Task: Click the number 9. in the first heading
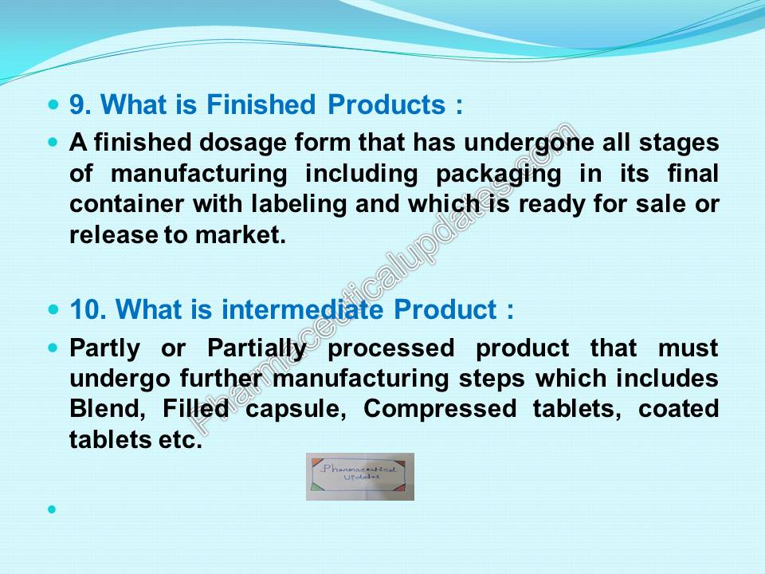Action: point(80,105)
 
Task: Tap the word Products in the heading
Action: point(386,104)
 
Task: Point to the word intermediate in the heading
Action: point(303,309)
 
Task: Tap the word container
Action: point(127,204)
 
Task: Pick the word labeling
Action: point(299,205)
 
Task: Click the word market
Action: point(240,235)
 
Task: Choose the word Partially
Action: point(257,349)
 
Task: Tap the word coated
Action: point(679,408)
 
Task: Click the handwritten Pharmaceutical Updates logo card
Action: point(360,477)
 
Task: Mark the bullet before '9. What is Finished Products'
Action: point(53,104)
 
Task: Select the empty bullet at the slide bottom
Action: point(53,509)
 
